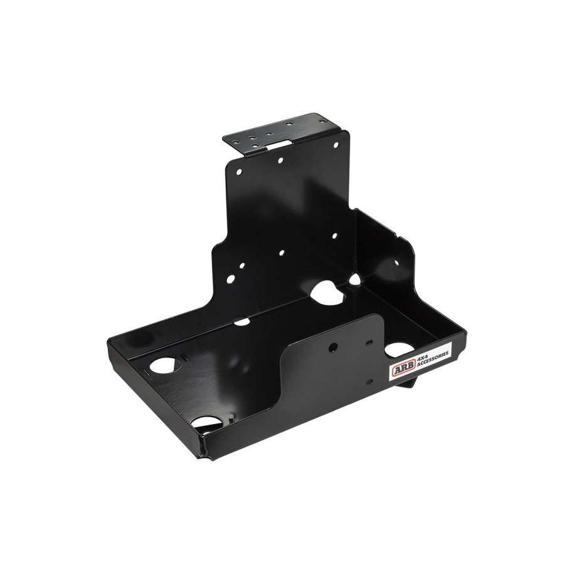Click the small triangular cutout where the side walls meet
[354, 280]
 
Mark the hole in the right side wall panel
[396, 263]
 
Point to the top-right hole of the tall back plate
[336, 146]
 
